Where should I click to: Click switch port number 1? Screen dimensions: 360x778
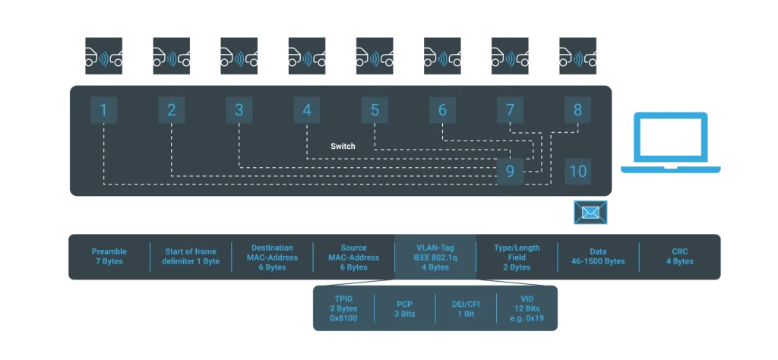(103, 110)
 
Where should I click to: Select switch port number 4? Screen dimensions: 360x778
(307, 110)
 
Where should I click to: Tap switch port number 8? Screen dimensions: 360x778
(577, 110)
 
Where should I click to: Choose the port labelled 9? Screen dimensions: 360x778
(510, 171)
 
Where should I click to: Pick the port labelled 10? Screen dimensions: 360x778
(578, 171)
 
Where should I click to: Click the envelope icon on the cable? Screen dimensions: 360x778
(590, 212)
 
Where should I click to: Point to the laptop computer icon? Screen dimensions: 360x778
(672, 144)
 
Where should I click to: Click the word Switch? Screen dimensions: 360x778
(343, 146)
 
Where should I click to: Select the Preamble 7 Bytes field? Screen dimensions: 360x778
(109, 257)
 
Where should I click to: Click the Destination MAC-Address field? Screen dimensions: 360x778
(271, 257)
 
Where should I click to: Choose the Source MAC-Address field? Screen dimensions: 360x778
(353, 257)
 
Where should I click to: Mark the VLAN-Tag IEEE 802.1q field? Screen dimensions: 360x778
(435, 257)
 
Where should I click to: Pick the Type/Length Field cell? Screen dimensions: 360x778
(517, 257)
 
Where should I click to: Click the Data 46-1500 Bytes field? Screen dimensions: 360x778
(598, 257)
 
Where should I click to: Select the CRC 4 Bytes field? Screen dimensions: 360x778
(679, 257)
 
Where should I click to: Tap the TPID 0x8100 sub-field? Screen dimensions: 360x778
(342, 308)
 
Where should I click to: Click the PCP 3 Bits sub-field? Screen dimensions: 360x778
(404, 308)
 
